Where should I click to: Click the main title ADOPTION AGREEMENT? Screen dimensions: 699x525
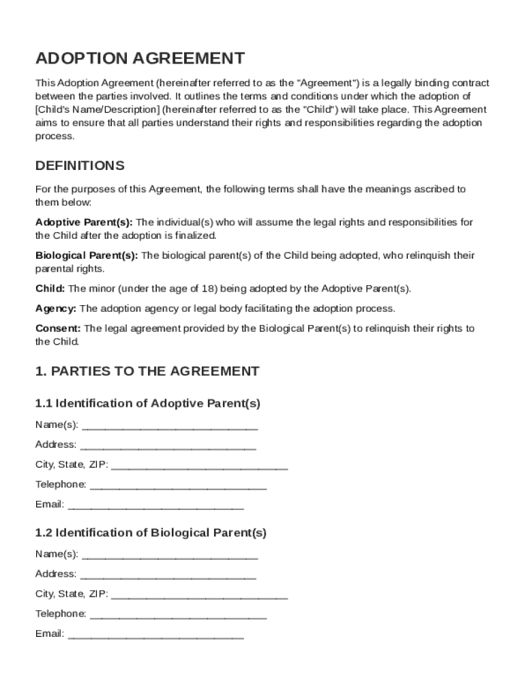pos(140,58)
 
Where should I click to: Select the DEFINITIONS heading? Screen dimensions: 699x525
pos(80,166)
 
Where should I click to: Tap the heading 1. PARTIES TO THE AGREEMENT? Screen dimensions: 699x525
pos(147,371)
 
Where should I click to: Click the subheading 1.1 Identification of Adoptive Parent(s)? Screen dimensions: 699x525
pos(148,403)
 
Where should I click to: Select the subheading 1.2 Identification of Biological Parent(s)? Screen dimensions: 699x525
pos(151,532)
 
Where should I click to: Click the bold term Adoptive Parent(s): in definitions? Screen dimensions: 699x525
pos(84,223)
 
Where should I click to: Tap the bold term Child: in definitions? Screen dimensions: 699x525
pos(50,289)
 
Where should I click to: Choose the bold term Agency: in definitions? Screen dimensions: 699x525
pos(56,309)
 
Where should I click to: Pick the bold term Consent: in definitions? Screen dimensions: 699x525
pos(58,328)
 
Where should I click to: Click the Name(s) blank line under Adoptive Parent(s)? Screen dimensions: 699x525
pos(169,426)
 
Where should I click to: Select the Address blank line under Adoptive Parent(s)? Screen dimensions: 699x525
pos(168,446)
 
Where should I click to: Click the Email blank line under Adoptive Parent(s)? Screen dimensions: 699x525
pos(156,506)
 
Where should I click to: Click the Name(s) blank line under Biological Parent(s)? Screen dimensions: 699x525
pos(169,555)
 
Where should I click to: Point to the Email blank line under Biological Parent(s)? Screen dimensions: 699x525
pos(156,635)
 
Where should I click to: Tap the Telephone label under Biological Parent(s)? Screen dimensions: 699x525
pos(61,614)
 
